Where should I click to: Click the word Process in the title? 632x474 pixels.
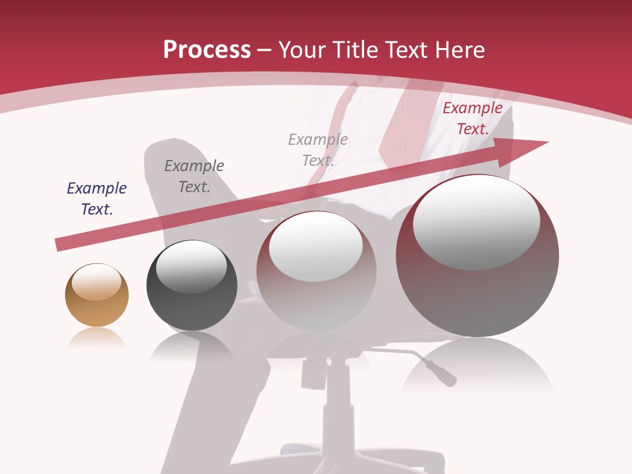(207, 49)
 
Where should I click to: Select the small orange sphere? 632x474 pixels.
(97, 295)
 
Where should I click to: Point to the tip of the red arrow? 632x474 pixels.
(546, 142)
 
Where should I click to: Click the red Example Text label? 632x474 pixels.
(473, 118)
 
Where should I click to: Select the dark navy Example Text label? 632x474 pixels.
(97, 198)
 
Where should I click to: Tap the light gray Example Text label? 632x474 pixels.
(318, 149)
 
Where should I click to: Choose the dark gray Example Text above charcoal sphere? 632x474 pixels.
(194, 176)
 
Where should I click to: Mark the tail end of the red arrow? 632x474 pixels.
(59, 245)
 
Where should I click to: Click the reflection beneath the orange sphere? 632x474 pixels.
(96, 338)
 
